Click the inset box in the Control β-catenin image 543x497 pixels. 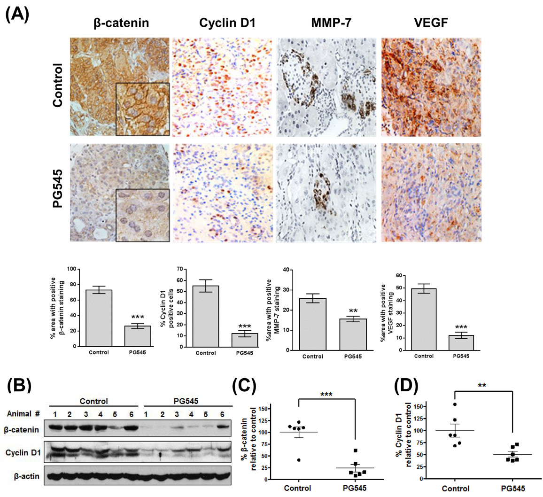pyautogui.click(x=143, y=109)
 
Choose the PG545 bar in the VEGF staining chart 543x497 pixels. pyautogui.click(x=460, y=342)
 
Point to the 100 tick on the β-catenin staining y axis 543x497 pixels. pyautogui.click(x=72, y=269)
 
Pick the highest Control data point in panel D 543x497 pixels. pyautogui.click(x=455, y=404)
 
